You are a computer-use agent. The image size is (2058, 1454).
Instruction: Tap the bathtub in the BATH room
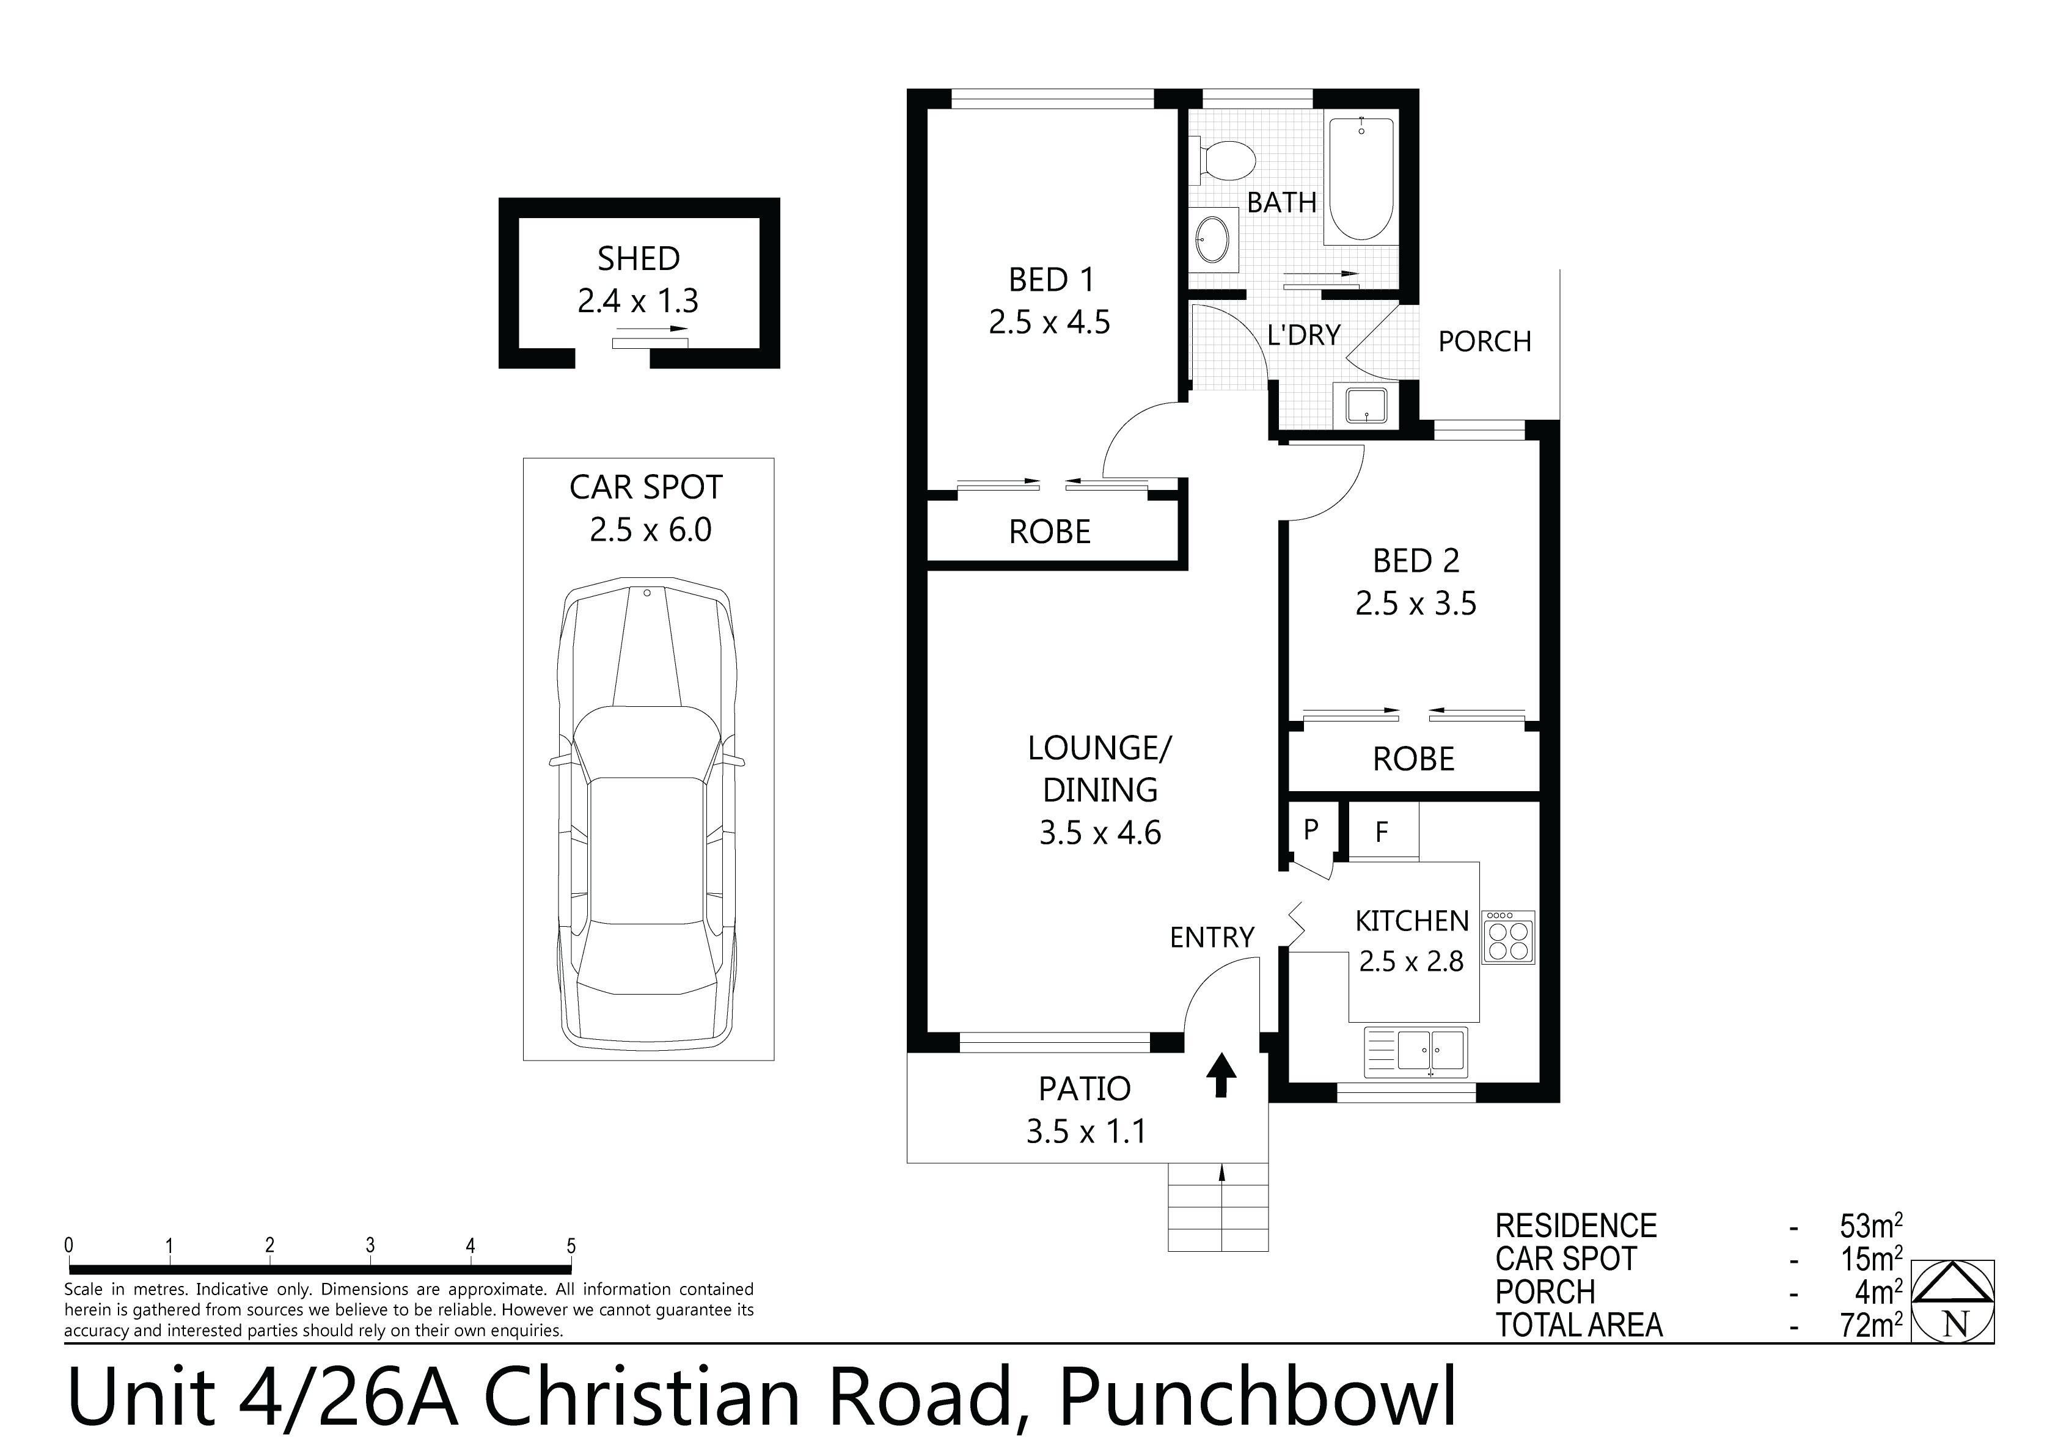[1361, 179]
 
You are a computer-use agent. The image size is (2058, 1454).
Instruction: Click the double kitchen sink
[1416, 1051]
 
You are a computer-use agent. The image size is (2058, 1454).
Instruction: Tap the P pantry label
[1311, 829]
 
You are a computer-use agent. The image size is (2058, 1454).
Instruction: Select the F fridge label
[1381, 832]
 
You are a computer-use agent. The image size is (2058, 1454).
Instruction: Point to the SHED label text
[638, 259]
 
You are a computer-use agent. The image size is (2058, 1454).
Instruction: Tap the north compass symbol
[1954, 1301]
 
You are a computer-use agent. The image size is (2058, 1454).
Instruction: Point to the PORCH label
[1484, 342]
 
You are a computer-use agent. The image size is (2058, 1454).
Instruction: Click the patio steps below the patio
[1218, 1207]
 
